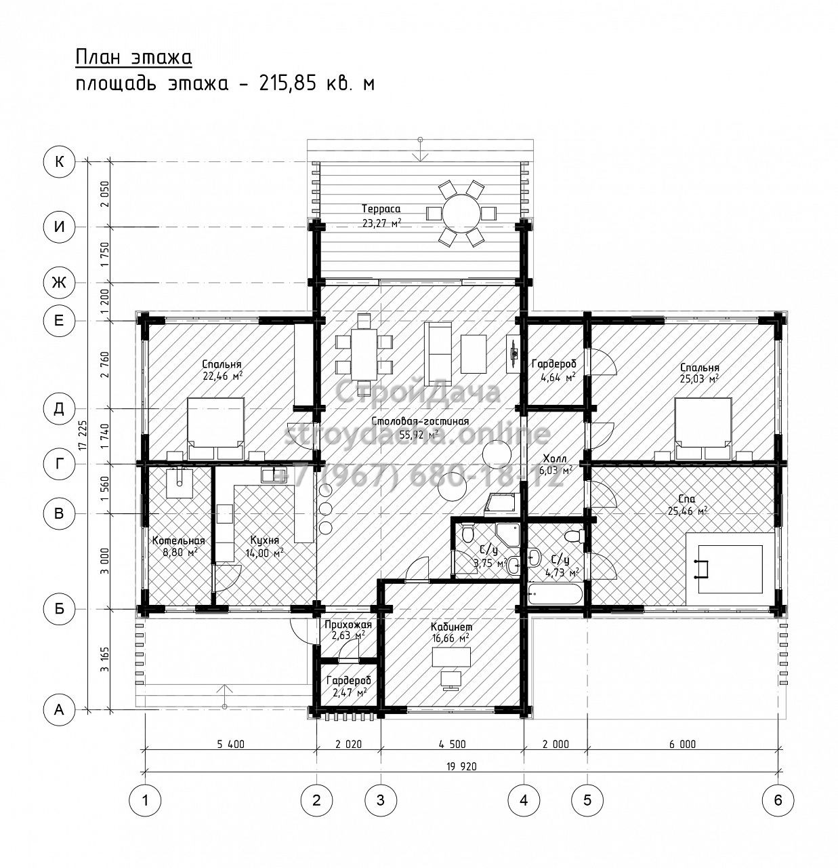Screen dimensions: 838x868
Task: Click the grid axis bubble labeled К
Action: (59, 161)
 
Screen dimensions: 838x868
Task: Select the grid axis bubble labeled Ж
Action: (59, 282)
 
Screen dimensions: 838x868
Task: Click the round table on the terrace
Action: (461, 214)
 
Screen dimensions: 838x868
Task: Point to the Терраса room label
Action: (381, 209)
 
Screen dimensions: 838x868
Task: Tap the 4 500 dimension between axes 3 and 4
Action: (452, 744)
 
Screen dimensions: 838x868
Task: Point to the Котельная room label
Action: (178, 540)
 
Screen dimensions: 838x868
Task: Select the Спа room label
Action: (688, 498)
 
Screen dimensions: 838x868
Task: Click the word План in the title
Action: (97, 58)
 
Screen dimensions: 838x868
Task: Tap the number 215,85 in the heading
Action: (285, 83)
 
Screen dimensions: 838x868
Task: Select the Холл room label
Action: (555, 458)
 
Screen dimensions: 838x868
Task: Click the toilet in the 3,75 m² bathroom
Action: (468, 533)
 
